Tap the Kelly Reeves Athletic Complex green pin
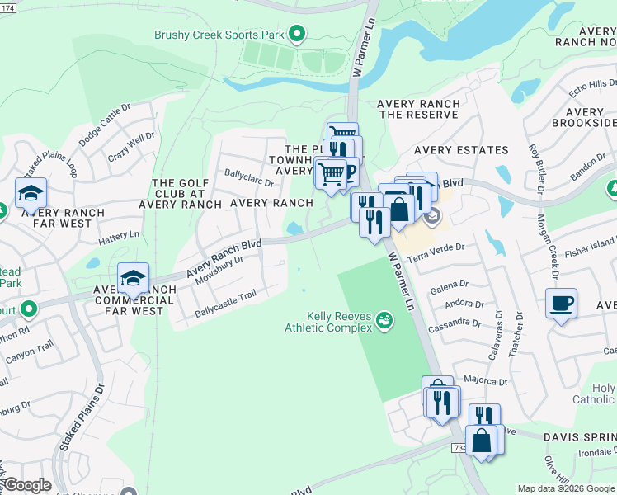tap(384, 319)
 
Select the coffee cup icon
tap(561, 303)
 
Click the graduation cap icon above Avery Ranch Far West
tap(31, 194)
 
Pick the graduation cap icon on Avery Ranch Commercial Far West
tap(133, 279)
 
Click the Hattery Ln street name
tap(120, 238)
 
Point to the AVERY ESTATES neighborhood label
tap(461, 150)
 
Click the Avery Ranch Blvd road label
tap(224, 258)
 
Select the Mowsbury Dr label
tap(219, 271)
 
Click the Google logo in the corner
tap(26, 485)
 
